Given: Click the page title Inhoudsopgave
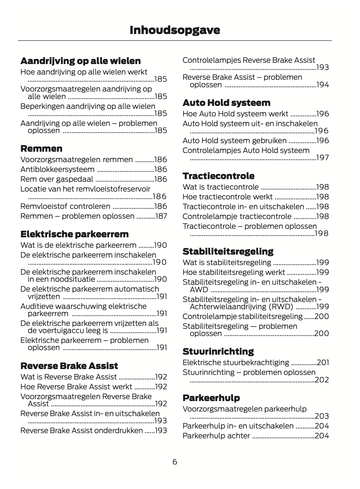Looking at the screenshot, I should (x=175, y=30).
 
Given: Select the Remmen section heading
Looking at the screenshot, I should (x=41, y=149).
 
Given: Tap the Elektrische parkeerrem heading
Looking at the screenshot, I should (x=74, y=234).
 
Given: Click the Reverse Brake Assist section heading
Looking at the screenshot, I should (x=69, y=366).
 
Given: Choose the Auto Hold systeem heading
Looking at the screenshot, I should (x=226, y=103).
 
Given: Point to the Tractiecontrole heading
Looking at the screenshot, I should (x=219, y=176).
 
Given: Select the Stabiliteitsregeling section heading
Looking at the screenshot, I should (x=228, y=251).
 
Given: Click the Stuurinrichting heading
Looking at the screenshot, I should (x=218, y=351).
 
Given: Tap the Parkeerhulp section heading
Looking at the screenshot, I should (x=211, y=398).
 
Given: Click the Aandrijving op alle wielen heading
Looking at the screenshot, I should (x=80, y=61).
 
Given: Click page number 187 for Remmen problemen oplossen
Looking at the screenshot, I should (x=161, y=216).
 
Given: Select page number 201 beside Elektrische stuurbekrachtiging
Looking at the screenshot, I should (x=323, y=363).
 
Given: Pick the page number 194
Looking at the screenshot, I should (x=323, y=85).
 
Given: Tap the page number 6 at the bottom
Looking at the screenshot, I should (x=175, y=462).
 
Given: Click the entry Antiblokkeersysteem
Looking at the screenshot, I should (x=57, y=169).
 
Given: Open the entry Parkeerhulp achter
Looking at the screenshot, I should (x=216, y=436).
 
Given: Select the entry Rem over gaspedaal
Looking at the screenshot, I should (x=57, y=179).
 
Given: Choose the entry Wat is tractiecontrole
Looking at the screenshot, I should (x=221, y=187).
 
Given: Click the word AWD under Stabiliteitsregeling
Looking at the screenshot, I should (x=199, y=290).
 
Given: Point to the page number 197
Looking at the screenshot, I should (x=323, y=158).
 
